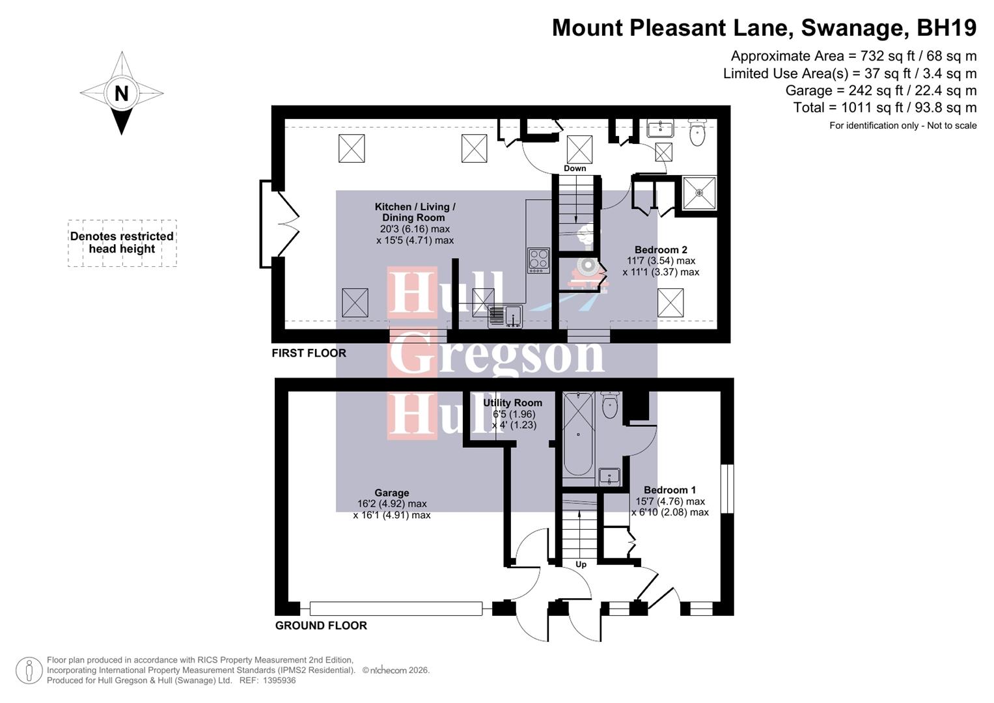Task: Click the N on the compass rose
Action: click(121, 93)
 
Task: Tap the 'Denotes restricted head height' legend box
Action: click(122, 243)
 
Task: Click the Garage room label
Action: click(392, 493)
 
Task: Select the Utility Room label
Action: click(512, 403)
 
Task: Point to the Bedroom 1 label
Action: click(670, 490)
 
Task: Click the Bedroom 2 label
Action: click(661, 250)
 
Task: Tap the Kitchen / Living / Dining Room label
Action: click(415, 212)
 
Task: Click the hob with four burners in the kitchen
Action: click(538, 260)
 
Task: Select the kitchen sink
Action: click(505, 316)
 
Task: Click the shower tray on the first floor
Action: click(699, 193)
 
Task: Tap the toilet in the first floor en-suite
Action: click(697, 133)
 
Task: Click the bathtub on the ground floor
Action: click(578, 435)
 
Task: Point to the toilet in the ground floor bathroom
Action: click(610, 406)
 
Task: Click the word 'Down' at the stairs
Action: click(575, 169)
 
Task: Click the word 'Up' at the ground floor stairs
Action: click(581, 564)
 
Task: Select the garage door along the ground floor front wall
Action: click(396, 609)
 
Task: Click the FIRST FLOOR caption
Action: click(309, 353)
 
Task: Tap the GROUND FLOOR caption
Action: click(321, 626)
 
